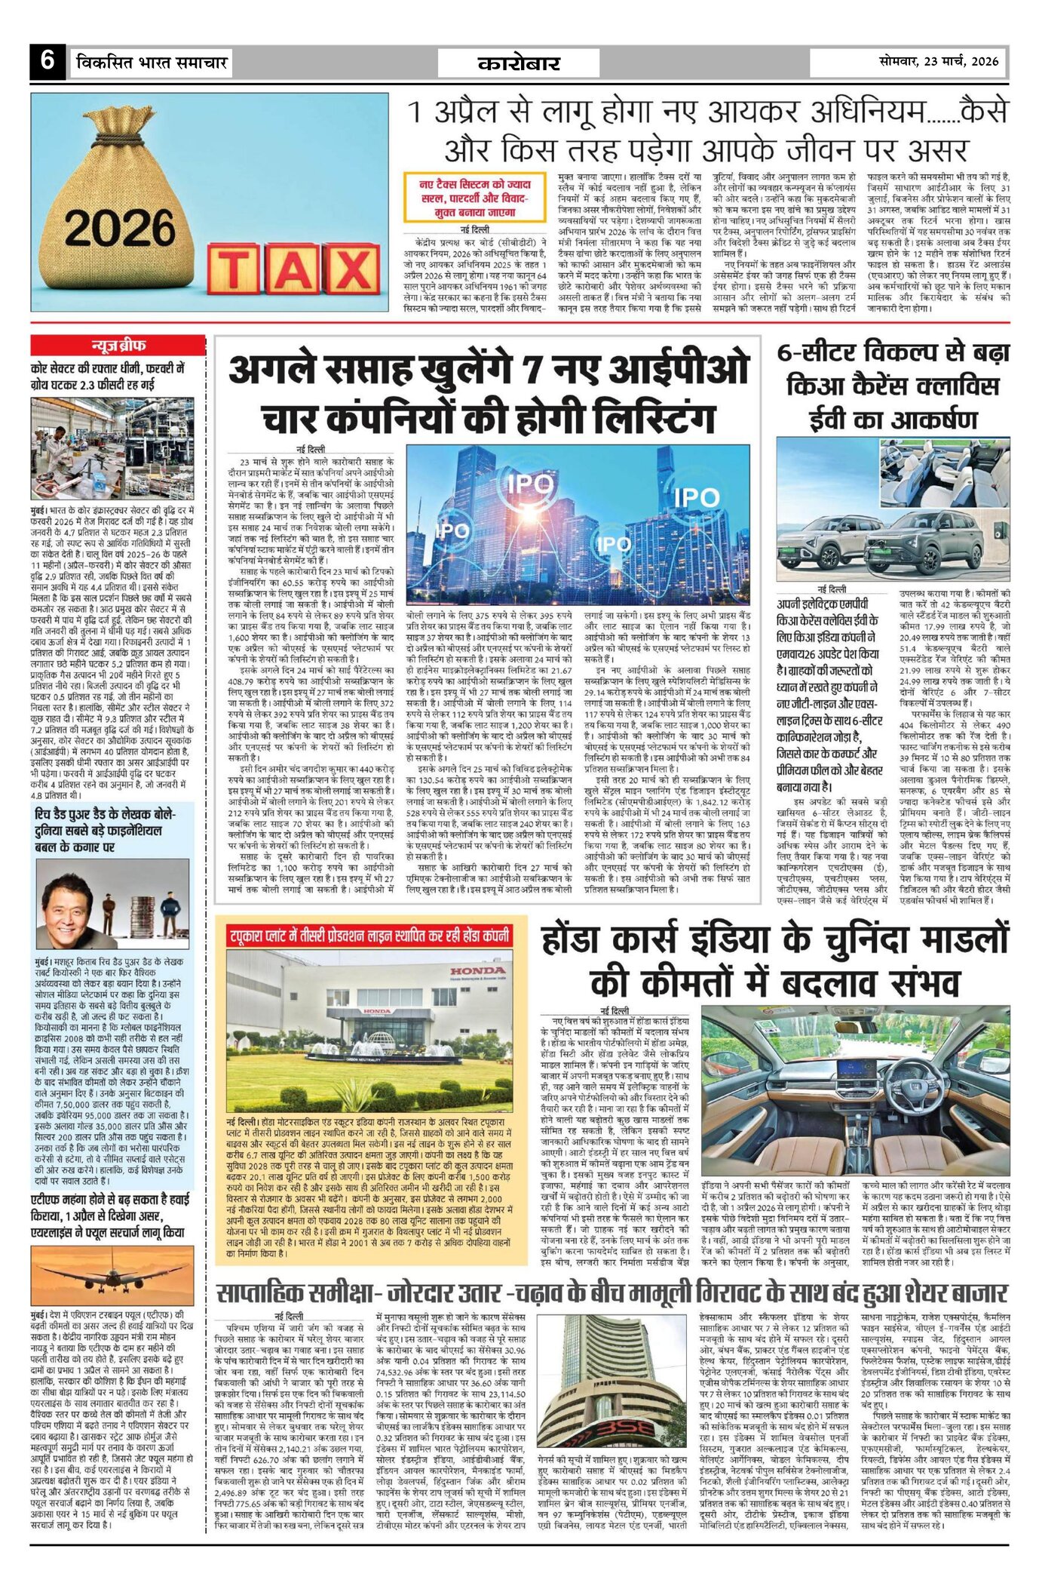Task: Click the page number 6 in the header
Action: (48, 60)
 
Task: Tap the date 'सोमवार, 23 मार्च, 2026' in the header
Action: (938, 61)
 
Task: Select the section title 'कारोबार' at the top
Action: (519, 63)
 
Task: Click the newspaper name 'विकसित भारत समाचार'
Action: (152, 62)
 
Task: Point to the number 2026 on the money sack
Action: (119, 227)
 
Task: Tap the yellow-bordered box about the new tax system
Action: (475, 198)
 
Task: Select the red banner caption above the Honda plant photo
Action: (369, 936)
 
